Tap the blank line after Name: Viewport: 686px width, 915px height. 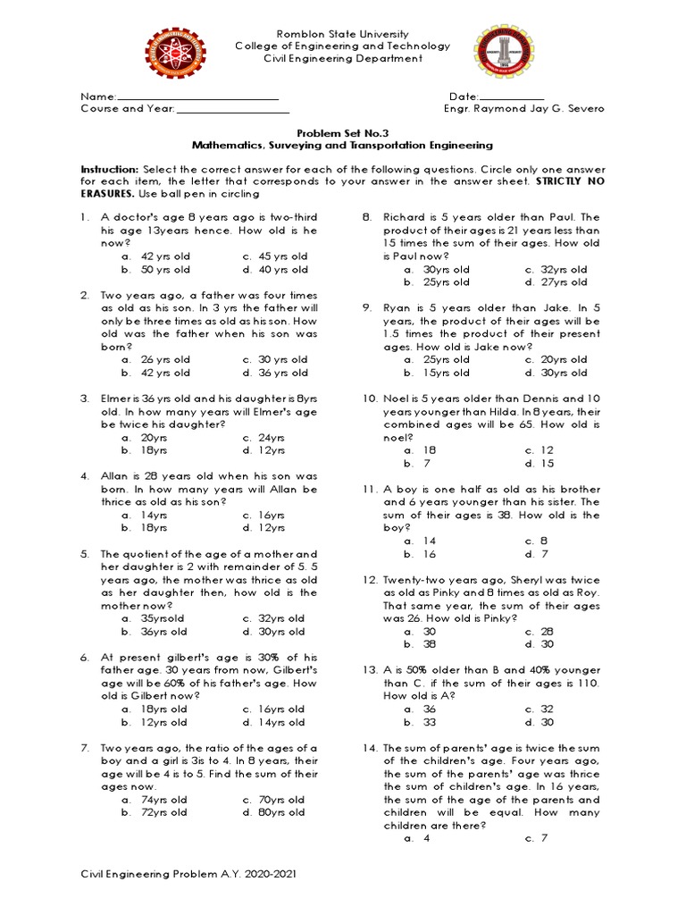198,97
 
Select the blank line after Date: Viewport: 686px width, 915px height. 512,97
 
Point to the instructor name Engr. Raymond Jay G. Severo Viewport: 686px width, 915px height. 523,109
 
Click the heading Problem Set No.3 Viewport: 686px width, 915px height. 342,131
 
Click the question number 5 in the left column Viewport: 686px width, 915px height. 84,554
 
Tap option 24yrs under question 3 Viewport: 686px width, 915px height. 271,438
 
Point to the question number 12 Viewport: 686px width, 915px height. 370,580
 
